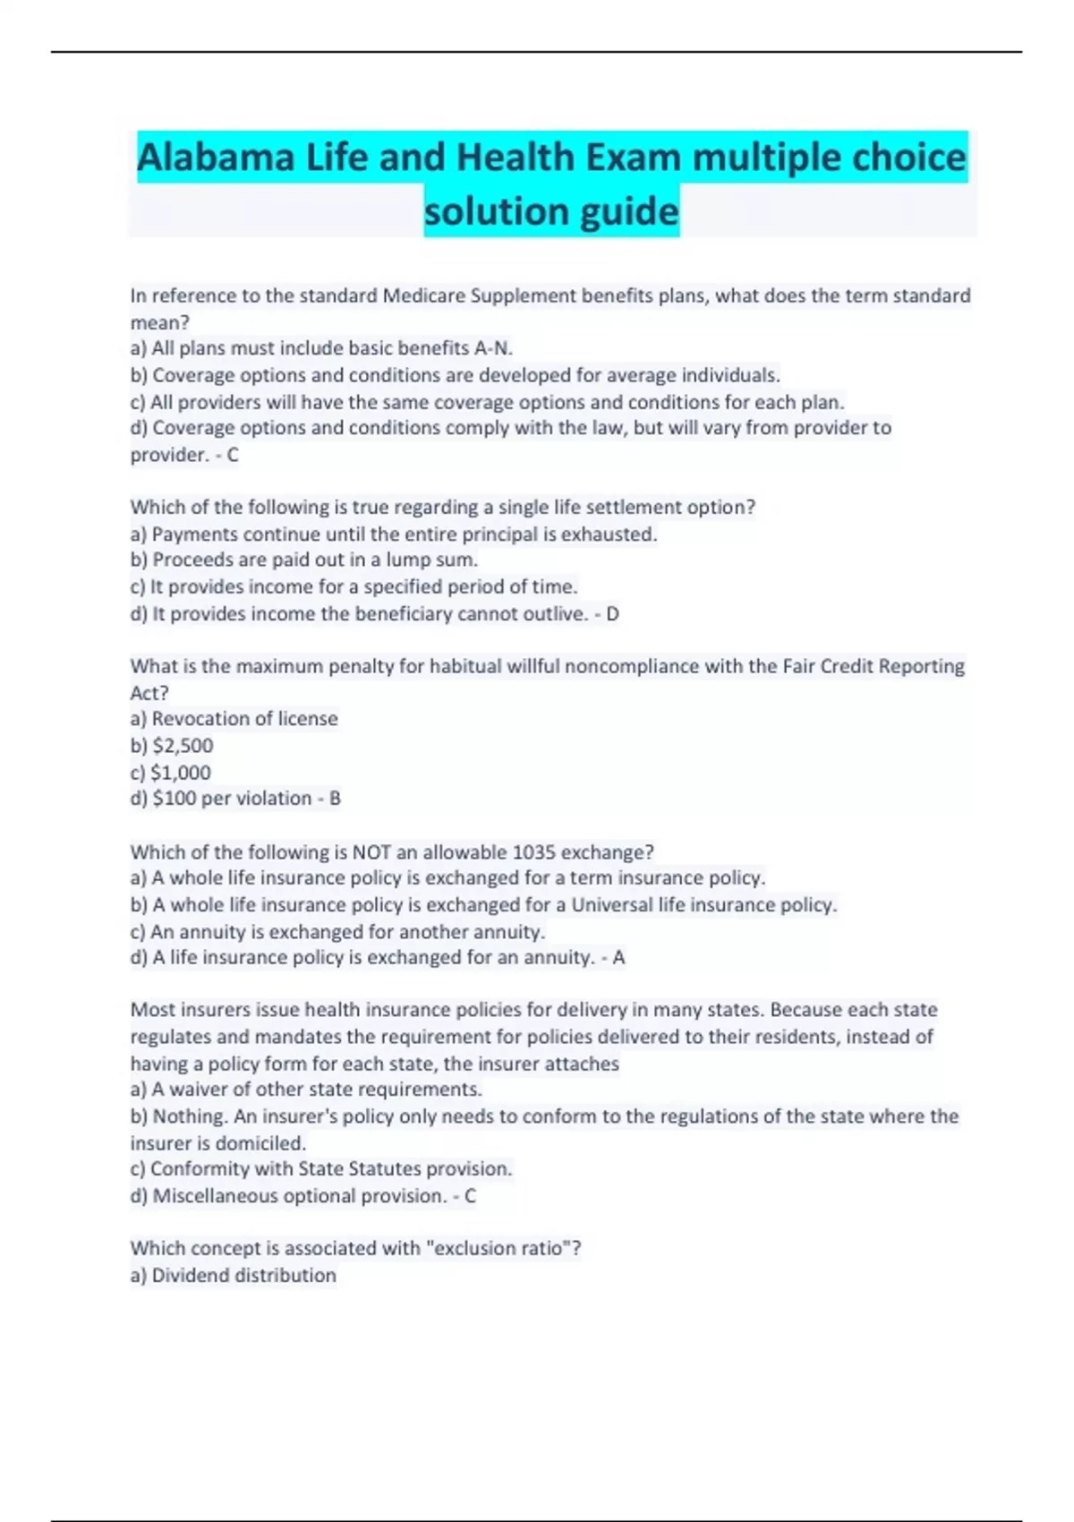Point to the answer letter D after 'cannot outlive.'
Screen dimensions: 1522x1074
(612, 614)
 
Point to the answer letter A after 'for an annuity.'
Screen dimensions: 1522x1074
(618, 957)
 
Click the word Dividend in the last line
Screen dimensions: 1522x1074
(191, 1275)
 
